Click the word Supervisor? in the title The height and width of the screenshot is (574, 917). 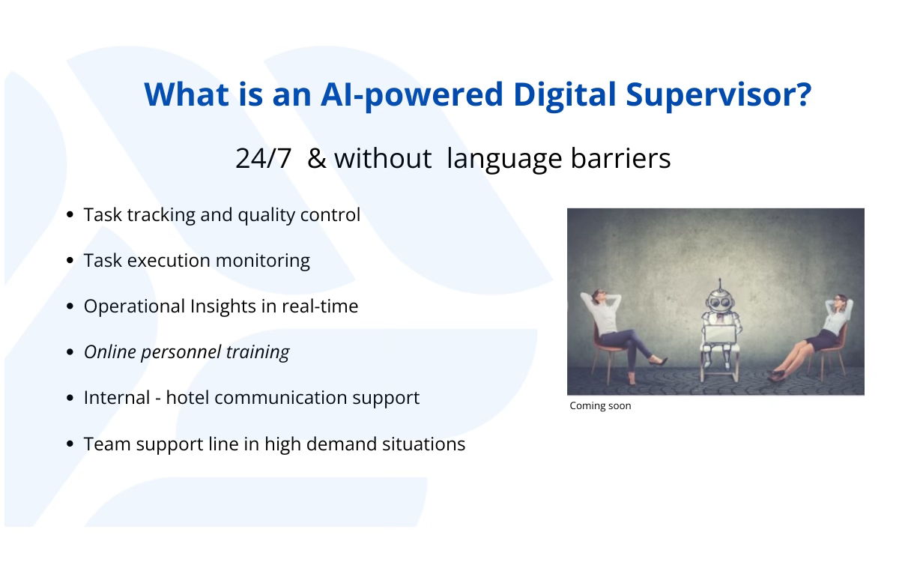click(x=718, y=95)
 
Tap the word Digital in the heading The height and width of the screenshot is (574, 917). click(x=565, y=95)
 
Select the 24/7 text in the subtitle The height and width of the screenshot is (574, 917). click(x=263, y=158)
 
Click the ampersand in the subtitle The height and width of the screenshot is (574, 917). click(x=317, y=158)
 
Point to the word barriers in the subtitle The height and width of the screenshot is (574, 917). click(x=620, y=158)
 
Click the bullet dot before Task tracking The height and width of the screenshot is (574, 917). click(x=70, y=214)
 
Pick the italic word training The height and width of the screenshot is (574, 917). click(x=258, y=352)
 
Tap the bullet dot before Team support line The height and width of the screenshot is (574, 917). click(x=70, y=444)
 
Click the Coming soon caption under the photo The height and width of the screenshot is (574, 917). click(x=600, y=405)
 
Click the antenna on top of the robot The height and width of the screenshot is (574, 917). click(x=720, y=284)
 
